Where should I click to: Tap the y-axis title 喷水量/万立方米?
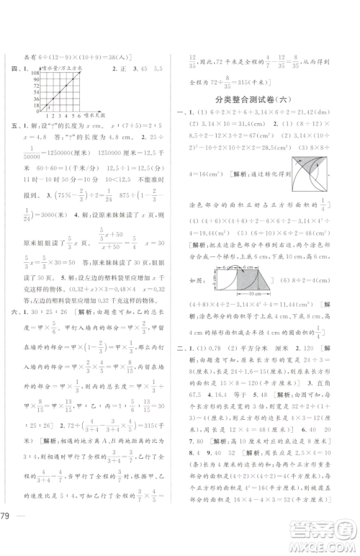tap(63, 69)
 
